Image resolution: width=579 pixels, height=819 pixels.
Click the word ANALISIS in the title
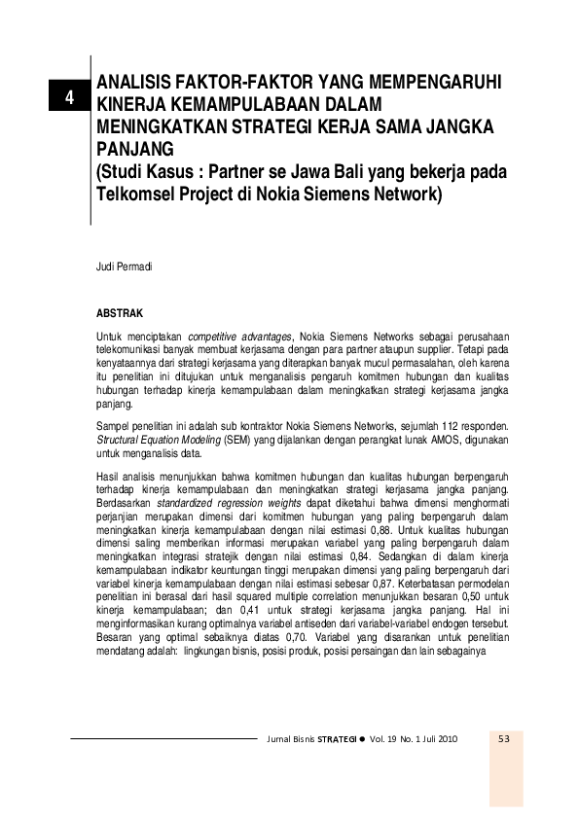coord(141,84)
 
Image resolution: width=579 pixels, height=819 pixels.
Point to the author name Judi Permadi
coord(123,265)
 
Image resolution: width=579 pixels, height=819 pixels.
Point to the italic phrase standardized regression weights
coord(213,504)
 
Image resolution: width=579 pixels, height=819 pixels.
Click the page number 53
coord(505,739)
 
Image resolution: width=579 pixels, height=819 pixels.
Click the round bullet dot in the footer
coord(362,739)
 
